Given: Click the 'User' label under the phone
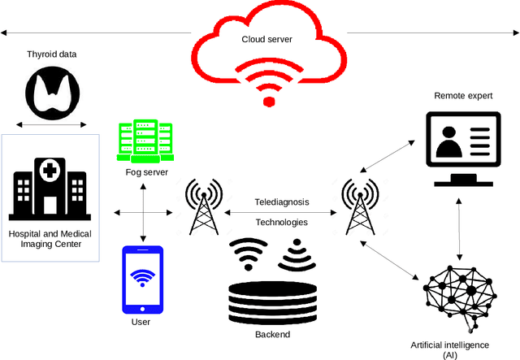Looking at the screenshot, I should point(141,323).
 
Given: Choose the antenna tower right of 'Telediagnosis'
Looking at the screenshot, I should point(359,206).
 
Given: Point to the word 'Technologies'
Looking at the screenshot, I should point(282,222).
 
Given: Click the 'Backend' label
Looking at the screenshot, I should point(271,334).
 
